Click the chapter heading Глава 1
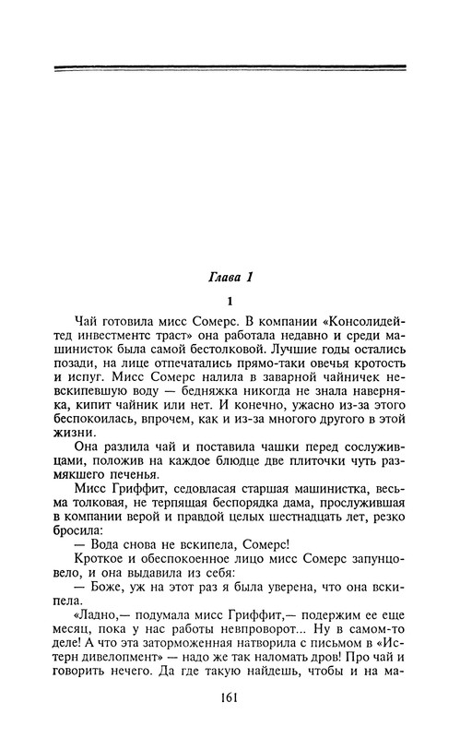point(236,276)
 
